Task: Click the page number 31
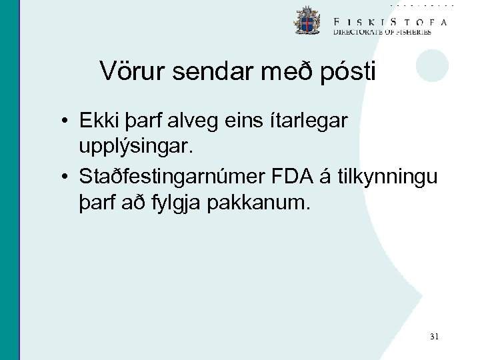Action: pos(434,337)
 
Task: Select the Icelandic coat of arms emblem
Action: pos(307,21)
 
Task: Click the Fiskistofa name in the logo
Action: pos(390,21)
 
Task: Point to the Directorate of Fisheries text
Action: pos(382,31)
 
